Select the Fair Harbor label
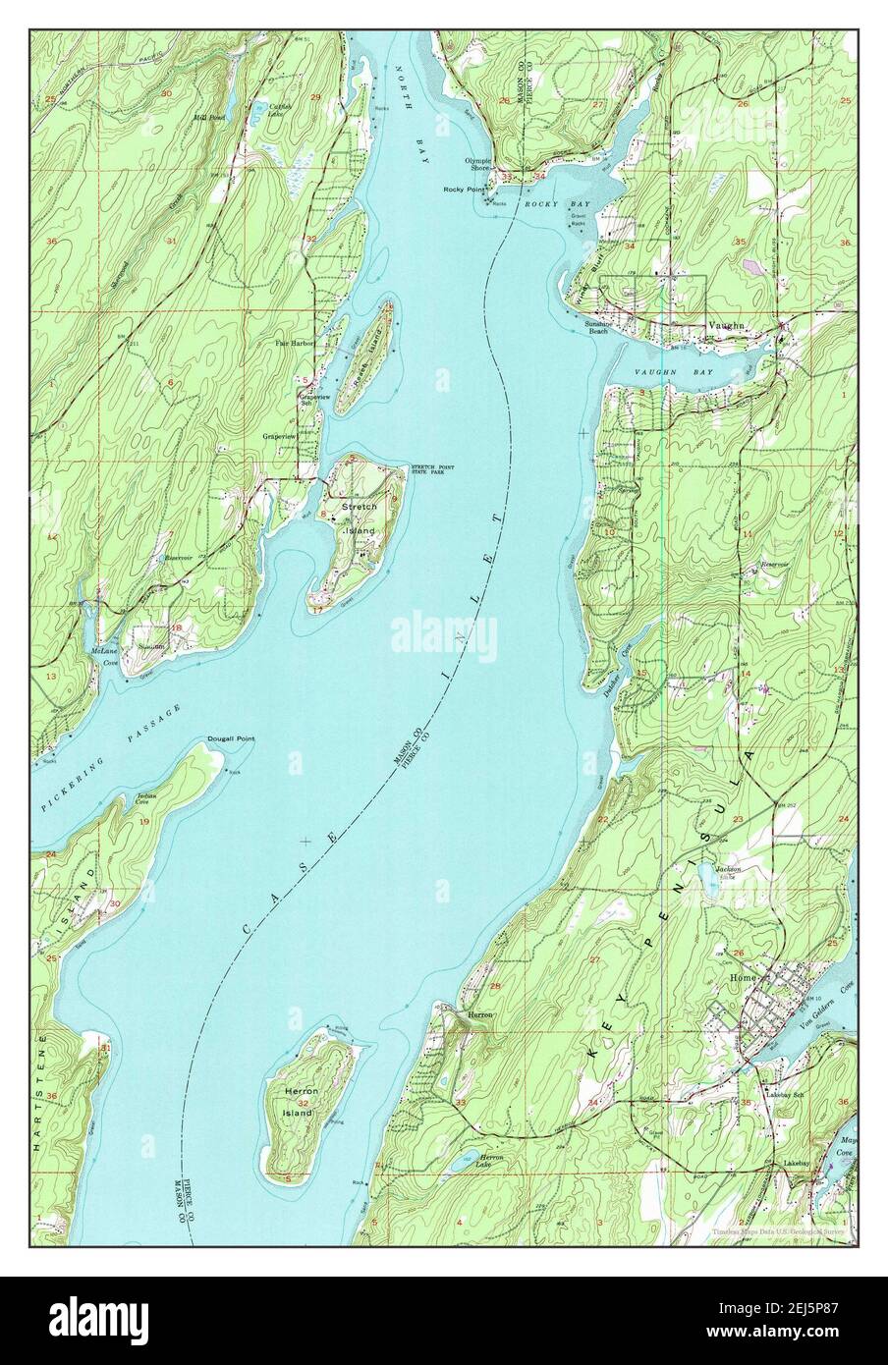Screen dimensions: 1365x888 click(294, 344)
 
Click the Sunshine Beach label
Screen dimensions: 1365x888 click(598, 327)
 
